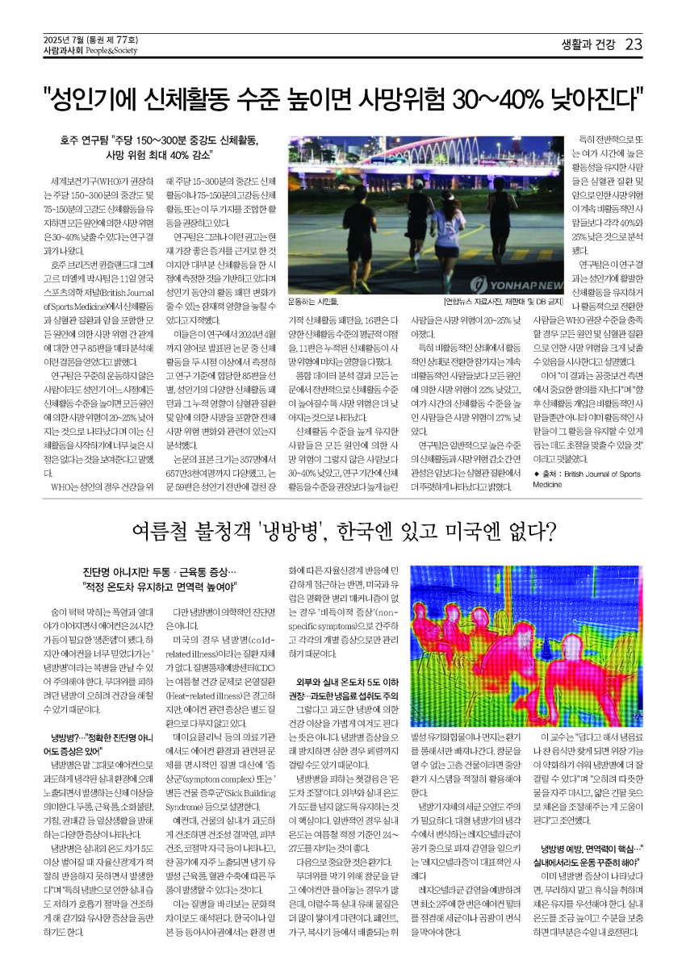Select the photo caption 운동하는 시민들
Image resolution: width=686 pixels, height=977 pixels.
point(312,303)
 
